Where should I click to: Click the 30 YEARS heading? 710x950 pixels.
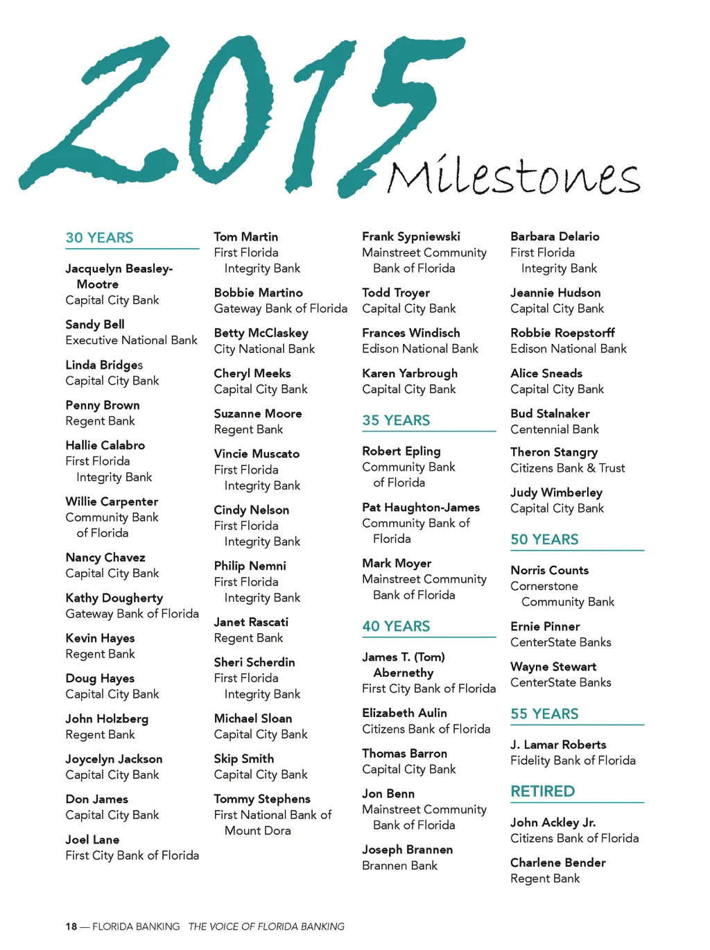pyautogui.click(x=99, y=238)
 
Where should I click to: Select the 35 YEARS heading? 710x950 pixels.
pyautogui.click(x=396, y=420)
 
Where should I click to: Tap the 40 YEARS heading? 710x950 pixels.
pyautogui.click(x=396, y=626)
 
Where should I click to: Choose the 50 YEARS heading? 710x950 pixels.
pyautogui.click(x=544, y=539)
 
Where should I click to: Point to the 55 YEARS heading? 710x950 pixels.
pyautogui.click(x=544, y=714)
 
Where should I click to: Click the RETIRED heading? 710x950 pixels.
pyautogui.click(x=542, y=791)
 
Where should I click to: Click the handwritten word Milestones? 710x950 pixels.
pyautogui.click(x=513, y=177)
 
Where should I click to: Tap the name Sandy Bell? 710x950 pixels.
pyautogui.click(x=95, y=325)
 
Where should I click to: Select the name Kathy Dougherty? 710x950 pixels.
pyautogui.click(x=114, y=598)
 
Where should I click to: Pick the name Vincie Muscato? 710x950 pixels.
pyautogui.click(x=257, y=454)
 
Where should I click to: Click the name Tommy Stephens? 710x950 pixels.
pyautogui.click(x=262, y=799)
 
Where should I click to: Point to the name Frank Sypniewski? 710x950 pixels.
pyautogui.click(x=411, y=236)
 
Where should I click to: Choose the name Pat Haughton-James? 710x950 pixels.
pyautogui.click(x=421, y=508)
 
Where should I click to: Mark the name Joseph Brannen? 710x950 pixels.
pyautogui.click(x=407, y=849)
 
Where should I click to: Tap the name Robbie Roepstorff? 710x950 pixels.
pyautogui.click(x=562, y=333)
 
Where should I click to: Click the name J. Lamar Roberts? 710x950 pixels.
pyautogui.click(x=558, y=745)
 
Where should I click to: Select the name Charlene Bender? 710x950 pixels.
pyautogui.click(x=558, y=863)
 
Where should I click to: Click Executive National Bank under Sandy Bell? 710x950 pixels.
pyautogui.click(x=132, y=340)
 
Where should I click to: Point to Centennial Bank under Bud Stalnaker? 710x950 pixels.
pyautogui.click(x=555, y=429)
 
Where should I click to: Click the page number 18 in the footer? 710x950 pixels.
pyautogui.click(x=71, y=926)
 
